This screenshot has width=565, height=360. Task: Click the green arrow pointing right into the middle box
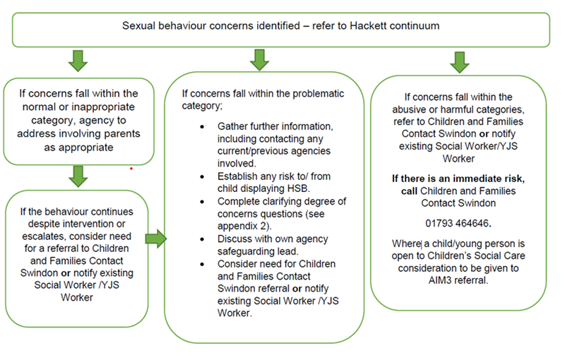click(x=160, y=239)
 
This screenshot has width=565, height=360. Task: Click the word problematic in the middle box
click(x=308, y=93)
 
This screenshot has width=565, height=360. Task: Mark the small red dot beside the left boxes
click(x=131, y=169)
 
